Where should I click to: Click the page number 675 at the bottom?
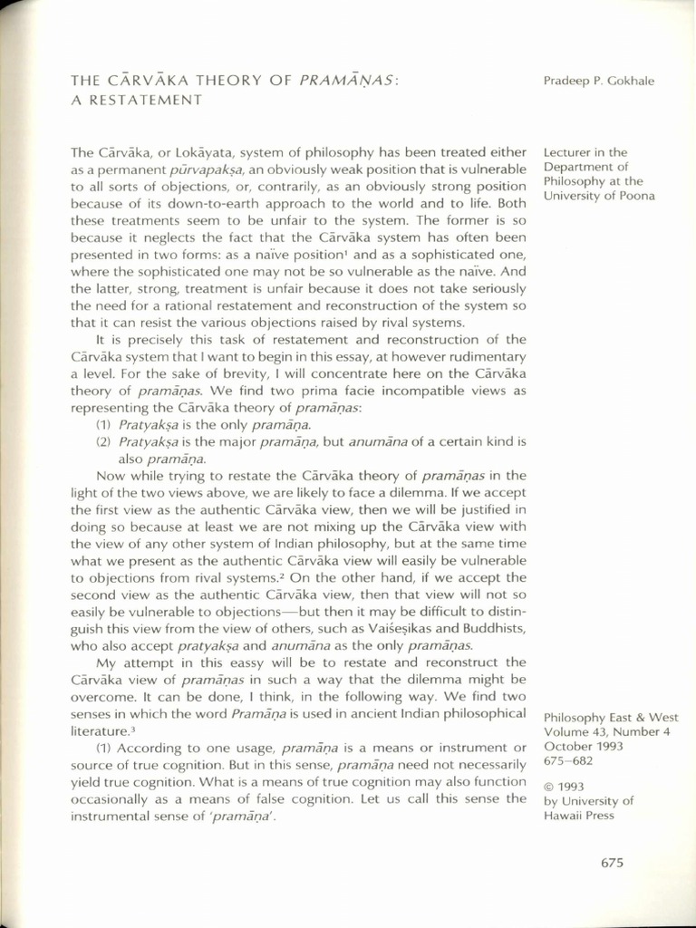click(612, 864)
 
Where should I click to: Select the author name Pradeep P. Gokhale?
click(598, 82)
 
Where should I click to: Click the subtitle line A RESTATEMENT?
click(135, 100)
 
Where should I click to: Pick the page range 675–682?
click(569, 760)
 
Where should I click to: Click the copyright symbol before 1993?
click(548, 786)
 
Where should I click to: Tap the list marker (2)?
click(102, 441)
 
